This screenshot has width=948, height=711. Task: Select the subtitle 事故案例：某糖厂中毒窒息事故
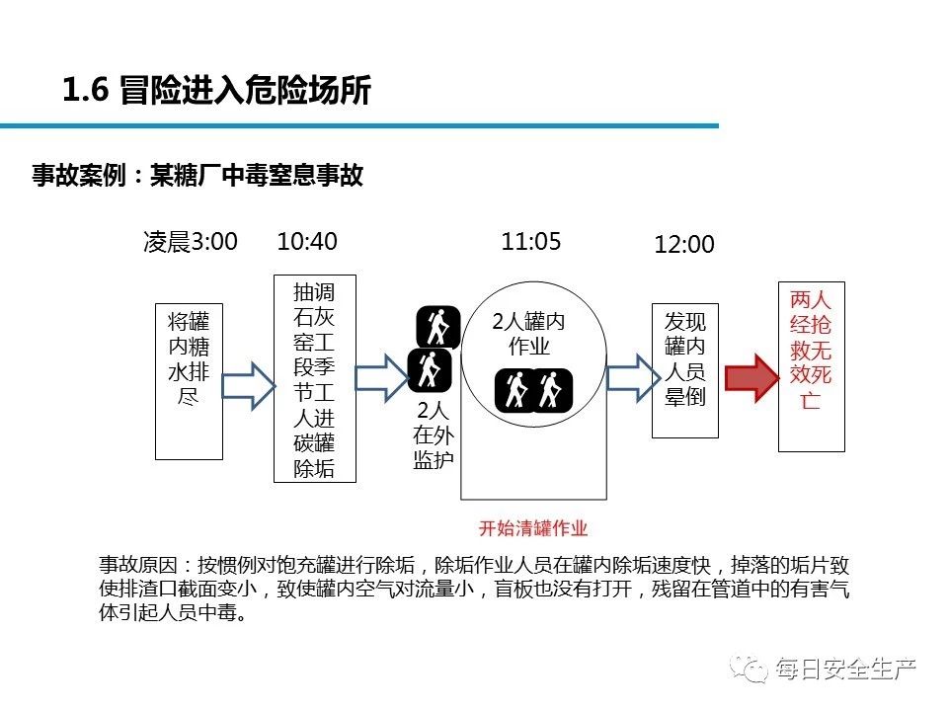[x=197, y=176]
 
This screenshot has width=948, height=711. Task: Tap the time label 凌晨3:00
[x=191, y=243]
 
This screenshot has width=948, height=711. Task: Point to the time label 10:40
[x=307, y=243]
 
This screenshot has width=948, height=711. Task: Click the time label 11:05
[x=531, y=243]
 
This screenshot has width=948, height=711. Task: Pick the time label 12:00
[x=683, y=245]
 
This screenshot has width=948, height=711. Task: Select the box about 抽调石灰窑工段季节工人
[x=314, y=379]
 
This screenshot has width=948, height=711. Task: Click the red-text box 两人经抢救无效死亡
[x=811, y=365]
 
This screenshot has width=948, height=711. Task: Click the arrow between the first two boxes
[x=247, y=384]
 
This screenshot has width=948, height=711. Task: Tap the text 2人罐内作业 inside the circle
[x=529, y=334]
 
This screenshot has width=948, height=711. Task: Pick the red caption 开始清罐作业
[x=533, y=526]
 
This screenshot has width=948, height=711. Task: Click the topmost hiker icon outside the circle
[x=436, y=327]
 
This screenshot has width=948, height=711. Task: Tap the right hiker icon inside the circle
[x=549, y=389]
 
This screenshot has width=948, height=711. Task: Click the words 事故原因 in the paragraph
[x=138, y=567]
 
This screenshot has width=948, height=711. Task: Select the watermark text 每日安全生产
[x=845, y=670]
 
